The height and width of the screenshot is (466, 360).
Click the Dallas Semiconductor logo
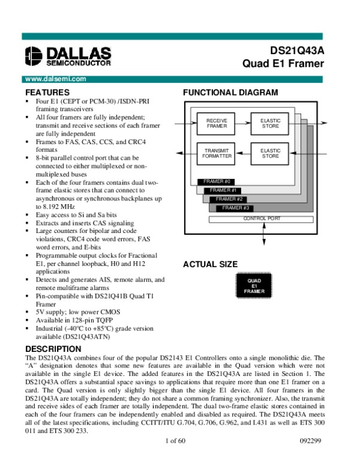coord(66,56)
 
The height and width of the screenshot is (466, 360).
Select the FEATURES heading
coord(47,92)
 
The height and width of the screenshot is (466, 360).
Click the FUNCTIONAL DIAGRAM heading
coord(230,92)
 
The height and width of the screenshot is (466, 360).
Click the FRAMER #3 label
coord(235,208)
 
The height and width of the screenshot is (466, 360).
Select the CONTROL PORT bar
coord(262,219)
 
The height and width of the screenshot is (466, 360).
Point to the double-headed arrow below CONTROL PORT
coord(263,234)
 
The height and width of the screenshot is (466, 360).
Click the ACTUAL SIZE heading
coord(210,264)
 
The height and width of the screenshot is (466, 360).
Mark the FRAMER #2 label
coord(229,199)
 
